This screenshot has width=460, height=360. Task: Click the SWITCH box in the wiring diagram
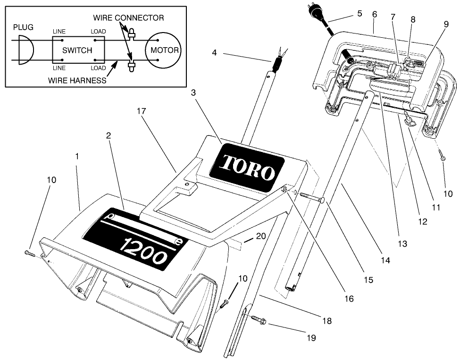(x=77, y=50)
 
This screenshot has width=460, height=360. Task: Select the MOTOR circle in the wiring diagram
(x=162, y=50)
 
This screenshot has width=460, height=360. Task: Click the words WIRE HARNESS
(x=77, y=80)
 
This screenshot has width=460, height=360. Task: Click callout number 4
(x=214, y=53)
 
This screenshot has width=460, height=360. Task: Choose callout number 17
(x=142, y=111)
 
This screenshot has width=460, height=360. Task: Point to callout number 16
(x=349, y=299)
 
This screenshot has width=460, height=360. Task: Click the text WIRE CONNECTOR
(x=128, y=18)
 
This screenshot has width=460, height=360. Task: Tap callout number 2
(x=109, y=135)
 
